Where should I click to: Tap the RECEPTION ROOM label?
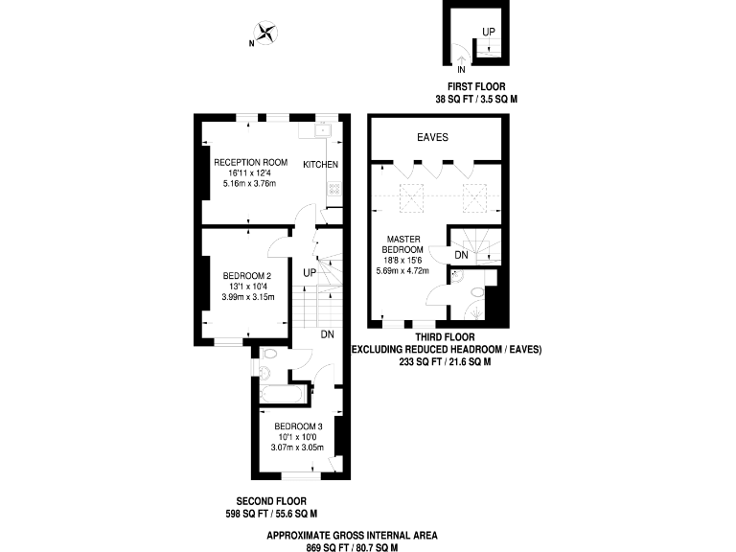pos(250,161)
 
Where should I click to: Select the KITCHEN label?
pos(321,165)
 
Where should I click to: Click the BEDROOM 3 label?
pos(299,426)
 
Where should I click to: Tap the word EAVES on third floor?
pos(432,138)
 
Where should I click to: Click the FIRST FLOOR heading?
pos(476,86)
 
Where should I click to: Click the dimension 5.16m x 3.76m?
pos(250,183)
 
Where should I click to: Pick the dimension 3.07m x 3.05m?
pos(299,448)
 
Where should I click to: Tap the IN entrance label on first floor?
pos(462,70)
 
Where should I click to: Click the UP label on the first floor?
pos(489,33)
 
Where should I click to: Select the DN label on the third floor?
pos(461,255)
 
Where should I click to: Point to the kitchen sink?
pos(323,132)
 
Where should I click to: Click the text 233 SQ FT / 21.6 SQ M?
pos(445,362)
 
